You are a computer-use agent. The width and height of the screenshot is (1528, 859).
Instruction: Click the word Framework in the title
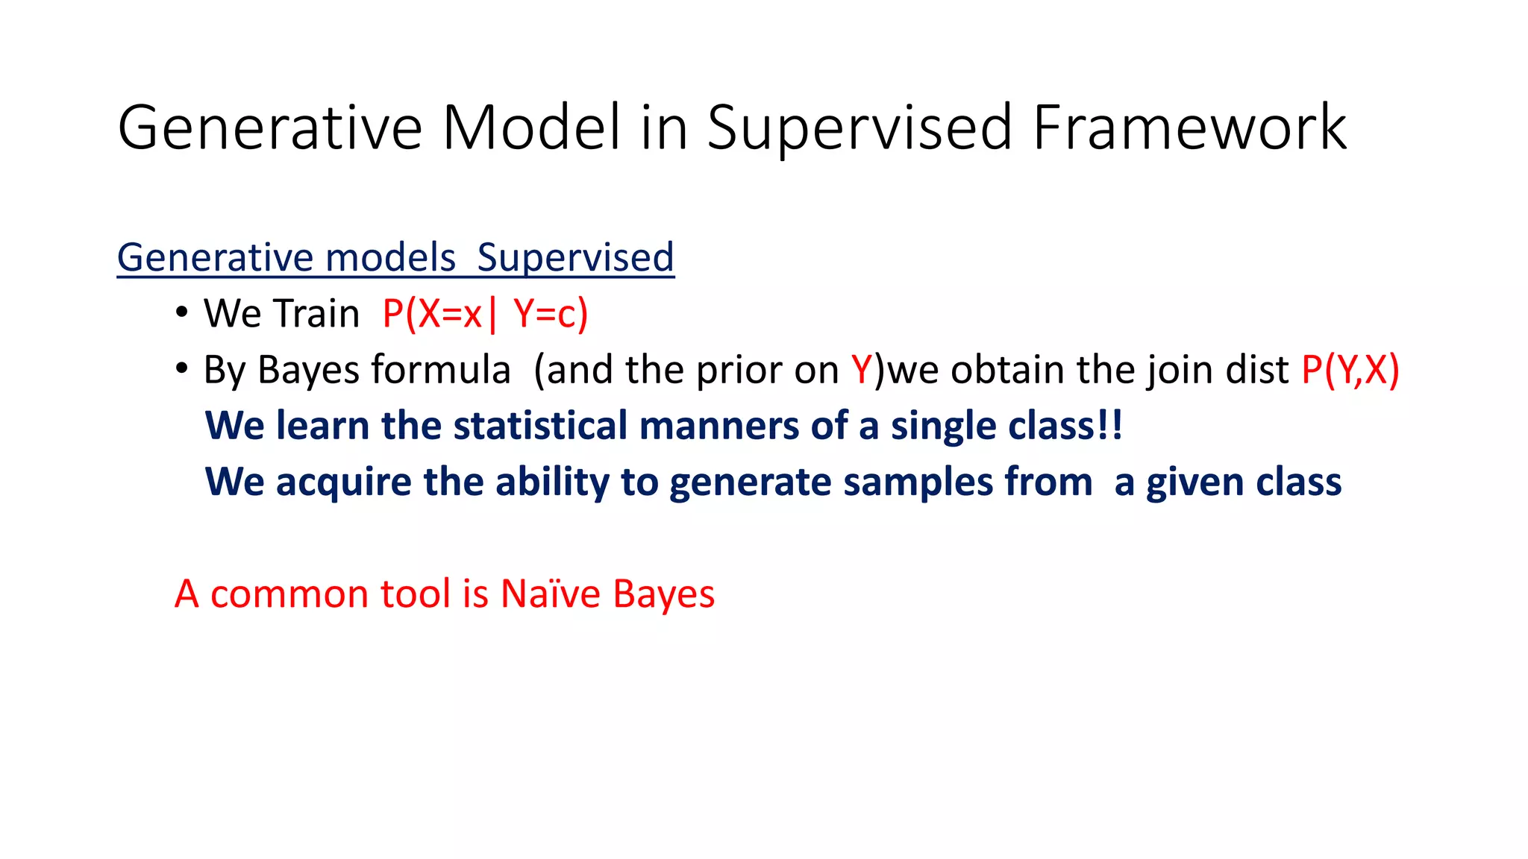[1189, 128]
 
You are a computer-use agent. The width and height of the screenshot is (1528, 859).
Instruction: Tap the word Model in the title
[531, 128]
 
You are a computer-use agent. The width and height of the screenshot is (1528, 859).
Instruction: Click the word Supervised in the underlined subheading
[575, 258]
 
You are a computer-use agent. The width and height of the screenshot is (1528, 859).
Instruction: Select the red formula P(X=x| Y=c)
[485, 313]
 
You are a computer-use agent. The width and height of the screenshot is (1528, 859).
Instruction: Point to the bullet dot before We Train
[181, 313]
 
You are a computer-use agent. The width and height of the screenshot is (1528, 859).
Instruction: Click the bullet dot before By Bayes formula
[181, 369]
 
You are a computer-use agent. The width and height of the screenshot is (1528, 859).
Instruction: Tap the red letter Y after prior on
[861, 370]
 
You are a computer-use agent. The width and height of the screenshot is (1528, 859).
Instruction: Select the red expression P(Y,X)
[1350, 370]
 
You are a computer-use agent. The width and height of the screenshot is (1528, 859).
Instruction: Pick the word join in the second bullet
[1179, 370]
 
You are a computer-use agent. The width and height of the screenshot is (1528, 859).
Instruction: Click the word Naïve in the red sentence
[550, 594]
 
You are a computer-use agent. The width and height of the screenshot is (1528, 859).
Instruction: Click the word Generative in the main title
[270, 128]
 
